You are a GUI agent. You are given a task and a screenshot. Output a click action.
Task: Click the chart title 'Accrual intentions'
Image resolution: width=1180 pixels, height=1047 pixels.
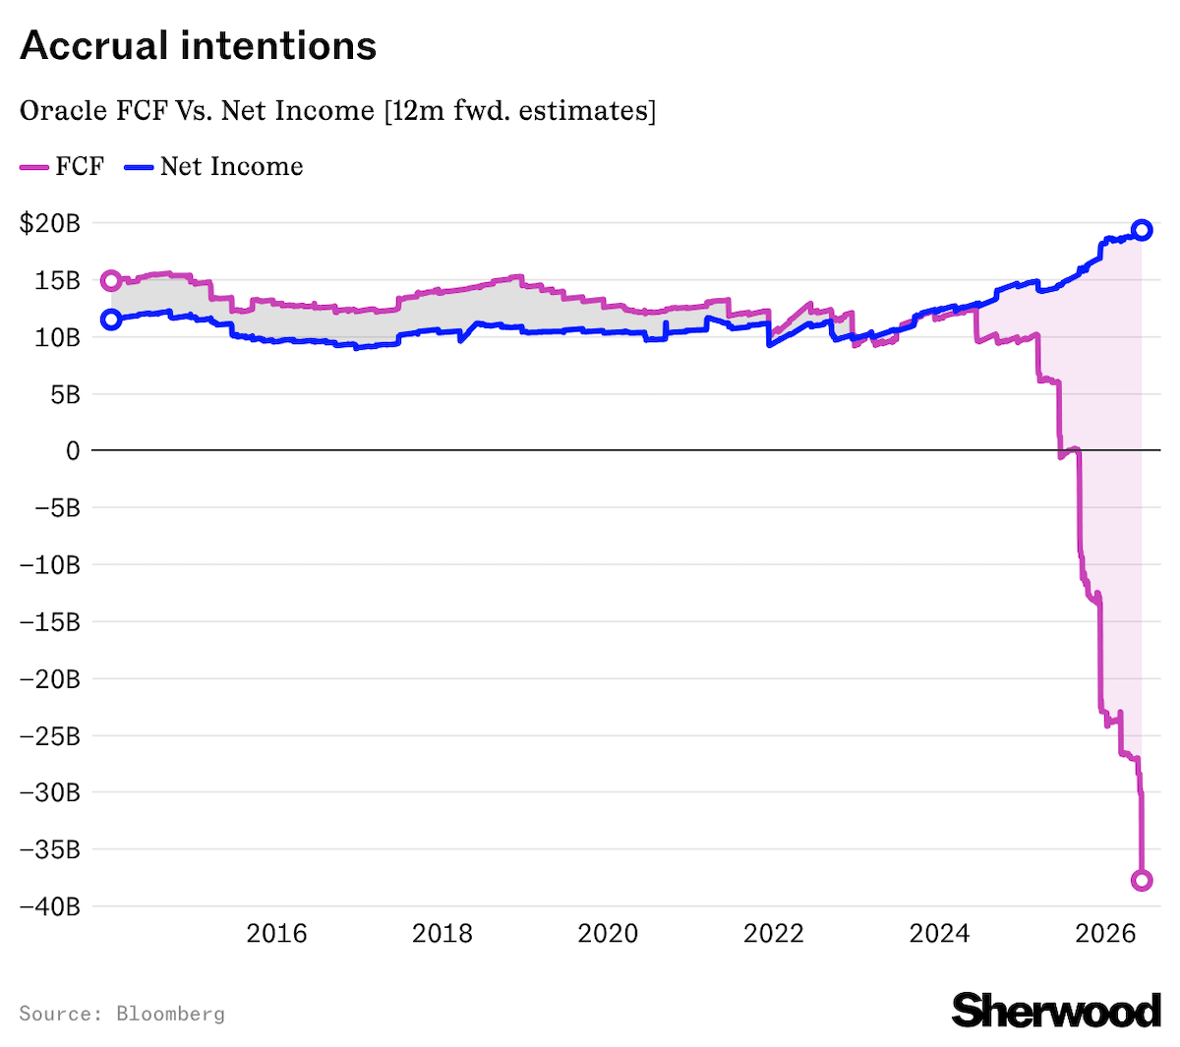click(198, 45)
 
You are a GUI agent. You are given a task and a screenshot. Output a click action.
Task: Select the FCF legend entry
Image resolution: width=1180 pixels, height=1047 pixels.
click(62, 166)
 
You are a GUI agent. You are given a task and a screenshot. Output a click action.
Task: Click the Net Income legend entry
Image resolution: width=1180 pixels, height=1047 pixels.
click(213, 166)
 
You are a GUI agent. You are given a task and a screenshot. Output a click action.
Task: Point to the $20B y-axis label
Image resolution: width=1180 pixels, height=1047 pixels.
click(49, 223)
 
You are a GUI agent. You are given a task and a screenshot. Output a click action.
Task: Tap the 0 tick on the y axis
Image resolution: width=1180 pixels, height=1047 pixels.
click(73, 450)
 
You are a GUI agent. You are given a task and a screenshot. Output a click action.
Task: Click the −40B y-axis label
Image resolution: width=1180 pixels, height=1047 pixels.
click(50, 906)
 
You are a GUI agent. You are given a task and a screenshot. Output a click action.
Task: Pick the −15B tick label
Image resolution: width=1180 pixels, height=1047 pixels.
click(50, 622)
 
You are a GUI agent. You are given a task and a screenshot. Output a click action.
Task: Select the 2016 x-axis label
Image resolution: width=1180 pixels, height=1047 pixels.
click(276, 933)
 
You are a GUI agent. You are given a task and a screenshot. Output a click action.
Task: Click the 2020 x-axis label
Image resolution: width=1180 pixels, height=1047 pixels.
click(608, 933)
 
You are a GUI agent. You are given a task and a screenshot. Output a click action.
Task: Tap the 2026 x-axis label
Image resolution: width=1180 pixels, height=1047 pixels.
click(1105, 933)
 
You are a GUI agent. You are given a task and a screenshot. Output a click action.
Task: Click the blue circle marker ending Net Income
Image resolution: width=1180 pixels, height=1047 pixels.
click(1141, 230)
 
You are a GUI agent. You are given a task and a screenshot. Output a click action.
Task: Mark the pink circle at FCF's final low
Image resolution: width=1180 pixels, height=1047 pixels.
click(1141, 880)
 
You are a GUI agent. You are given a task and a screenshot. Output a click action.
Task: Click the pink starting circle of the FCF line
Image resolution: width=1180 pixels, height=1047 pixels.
click(111, 281)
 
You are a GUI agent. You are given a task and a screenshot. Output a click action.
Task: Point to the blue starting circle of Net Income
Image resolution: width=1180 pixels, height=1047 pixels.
click(111, 320)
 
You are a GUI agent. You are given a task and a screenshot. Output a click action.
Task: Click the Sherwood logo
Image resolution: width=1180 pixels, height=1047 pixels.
click(1055, 1011)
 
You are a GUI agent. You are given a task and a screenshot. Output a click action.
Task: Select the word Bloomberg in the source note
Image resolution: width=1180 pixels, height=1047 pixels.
click(171, 1014)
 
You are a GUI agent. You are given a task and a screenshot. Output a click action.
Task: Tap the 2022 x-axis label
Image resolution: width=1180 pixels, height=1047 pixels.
click(774, 933)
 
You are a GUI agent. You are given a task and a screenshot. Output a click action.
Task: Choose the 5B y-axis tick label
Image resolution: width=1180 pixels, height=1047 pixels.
click(65, 395)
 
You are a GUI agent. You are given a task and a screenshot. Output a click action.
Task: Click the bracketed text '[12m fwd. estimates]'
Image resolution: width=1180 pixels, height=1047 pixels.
click(520, 111)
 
